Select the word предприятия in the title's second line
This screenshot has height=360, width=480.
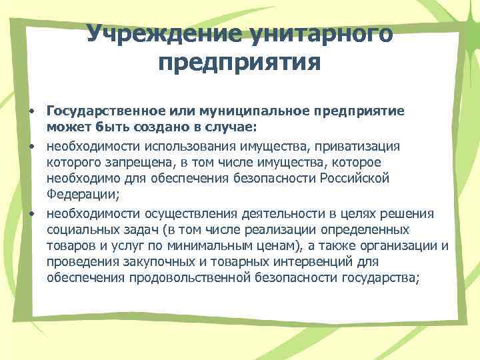(240, 64)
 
